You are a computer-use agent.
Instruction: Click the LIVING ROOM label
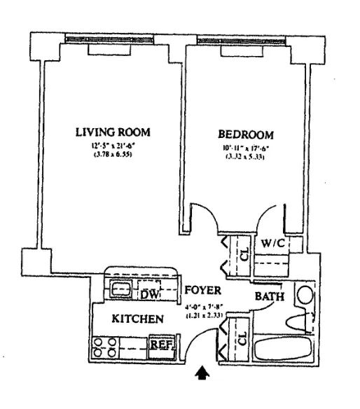(x=113, y=132)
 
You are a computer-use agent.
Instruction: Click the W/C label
(x=272, y=243)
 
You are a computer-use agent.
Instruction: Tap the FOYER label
(x=203, y=290)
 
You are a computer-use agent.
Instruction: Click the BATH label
(x=270, y=297)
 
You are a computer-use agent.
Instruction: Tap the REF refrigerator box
(x=161, y=345)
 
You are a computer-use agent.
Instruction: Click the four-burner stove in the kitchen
(x=105, y=347)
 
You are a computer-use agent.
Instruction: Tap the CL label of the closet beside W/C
(x=244, y=255)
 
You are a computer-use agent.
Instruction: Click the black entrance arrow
(x=202, y=375)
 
